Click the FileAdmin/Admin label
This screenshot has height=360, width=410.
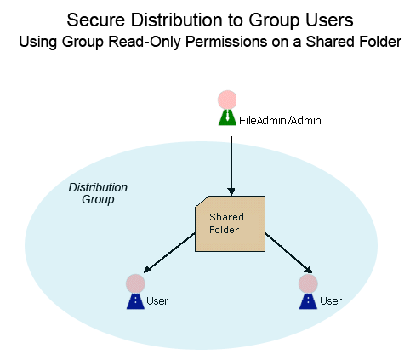[280, 121]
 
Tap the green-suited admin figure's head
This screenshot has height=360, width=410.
[227, 100]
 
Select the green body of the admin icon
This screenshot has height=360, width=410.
[227, 117]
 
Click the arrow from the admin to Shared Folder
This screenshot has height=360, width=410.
[231, 166]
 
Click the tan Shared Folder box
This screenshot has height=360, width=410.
[230, 224]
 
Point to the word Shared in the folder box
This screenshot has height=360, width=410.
[226, 217]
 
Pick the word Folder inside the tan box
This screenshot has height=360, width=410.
[224, 230]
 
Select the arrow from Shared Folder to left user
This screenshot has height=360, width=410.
[169, 253]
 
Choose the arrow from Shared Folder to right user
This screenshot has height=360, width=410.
[288, 253]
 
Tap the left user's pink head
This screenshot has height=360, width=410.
[135, 283]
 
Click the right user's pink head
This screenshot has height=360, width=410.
[308, 283]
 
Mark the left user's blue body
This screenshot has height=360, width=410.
[135, 301]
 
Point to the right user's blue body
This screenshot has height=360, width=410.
[308, 301]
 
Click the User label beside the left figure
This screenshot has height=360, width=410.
[157, 300]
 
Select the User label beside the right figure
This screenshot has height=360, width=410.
[331, 300]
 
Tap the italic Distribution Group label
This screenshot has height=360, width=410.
[98, 193]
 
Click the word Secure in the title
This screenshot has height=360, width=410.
[96, 20]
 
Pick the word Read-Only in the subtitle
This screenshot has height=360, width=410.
[145, 42]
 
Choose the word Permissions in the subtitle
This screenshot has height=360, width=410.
[226, 42]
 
